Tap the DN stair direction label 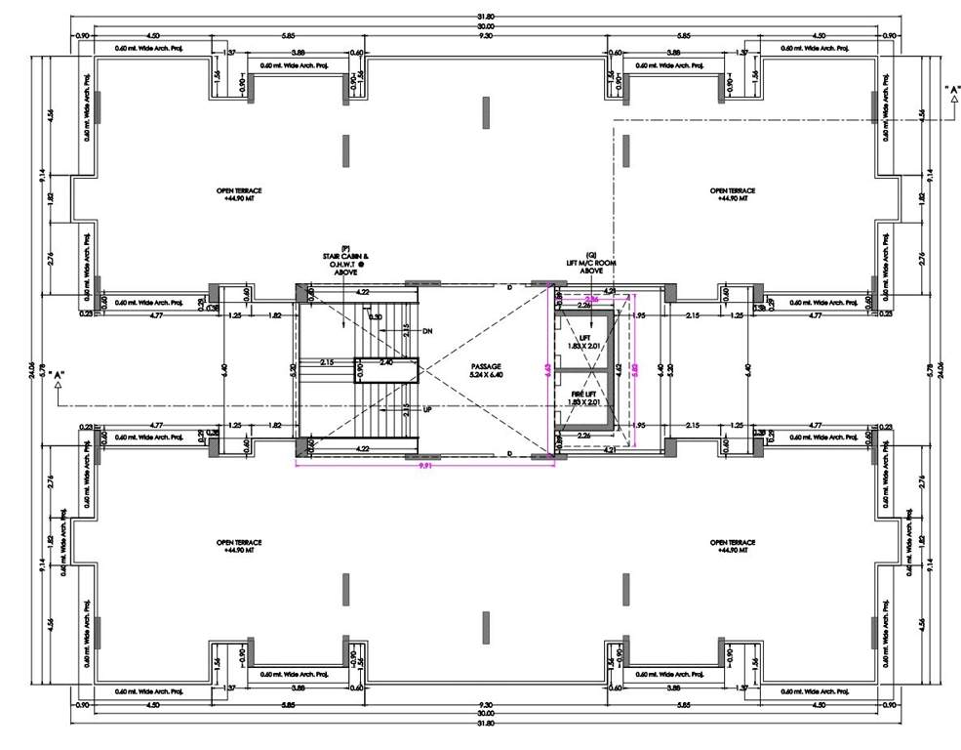(427, 331)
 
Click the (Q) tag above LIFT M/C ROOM (590, 254)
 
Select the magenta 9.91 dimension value (425, 467)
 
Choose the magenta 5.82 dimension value (635, 370)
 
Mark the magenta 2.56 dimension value (591, 299)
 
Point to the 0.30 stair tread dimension (376, 316)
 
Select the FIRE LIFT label (583, 394)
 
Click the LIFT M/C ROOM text (591, 263)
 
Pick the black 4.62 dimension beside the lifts (618, 370)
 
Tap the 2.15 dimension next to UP (405, 408)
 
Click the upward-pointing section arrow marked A (60, 383)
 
